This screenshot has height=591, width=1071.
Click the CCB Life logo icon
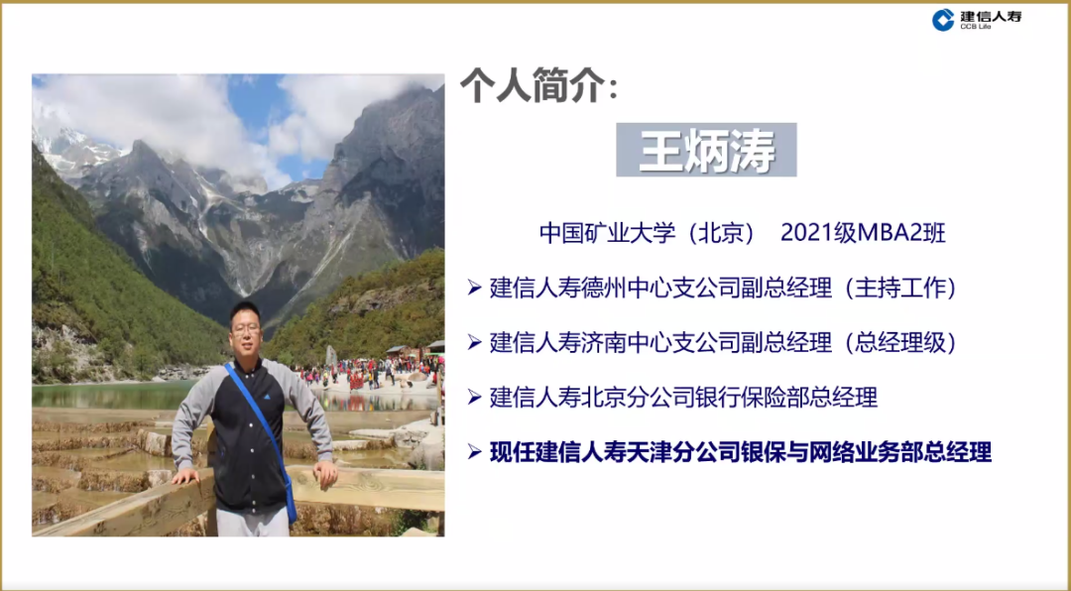943,20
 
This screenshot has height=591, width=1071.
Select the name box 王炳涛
706,150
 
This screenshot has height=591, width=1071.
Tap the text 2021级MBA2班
863,233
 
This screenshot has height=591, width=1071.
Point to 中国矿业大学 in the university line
604,233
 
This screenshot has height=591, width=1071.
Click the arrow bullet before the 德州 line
475,289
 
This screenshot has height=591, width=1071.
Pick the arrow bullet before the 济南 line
475,342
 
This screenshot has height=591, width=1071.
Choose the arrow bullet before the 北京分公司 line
475,397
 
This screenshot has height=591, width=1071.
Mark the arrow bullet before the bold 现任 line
475,451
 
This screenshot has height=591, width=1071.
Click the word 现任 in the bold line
513,451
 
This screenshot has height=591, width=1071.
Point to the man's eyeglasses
247,329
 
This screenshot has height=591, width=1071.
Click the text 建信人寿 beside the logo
991,17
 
